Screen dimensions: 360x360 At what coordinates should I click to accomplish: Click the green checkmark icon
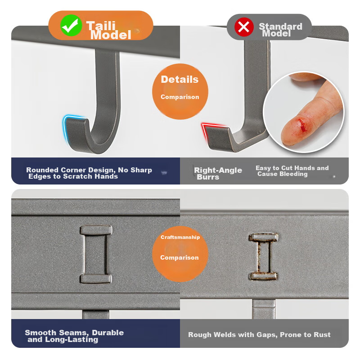(71, 25)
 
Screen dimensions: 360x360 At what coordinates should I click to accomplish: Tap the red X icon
(244, 27)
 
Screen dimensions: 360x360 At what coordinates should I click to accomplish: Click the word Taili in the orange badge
(101, 26)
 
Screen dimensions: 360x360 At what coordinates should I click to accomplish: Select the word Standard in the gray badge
(280, 26)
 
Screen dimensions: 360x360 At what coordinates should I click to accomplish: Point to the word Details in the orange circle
(180, 80)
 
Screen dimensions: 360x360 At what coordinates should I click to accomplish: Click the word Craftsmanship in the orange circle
(180, 237)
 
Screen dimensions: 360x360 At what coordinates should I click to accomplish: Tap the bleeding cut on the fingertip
(302, 125)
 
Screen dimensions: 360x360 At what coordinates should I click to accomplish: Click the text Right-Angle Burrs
(218, 173)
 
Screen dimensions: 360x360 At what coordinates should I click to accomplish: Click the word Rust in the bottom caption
(322, 334)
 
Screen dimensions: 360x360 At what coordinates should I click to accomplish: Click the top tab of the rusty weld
(263, 238)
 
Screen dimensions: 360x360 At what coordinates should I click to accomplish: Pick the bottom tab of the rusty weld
(263, 276)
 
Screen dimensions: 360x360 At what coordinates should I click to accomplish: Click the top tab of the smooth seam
(96, 230)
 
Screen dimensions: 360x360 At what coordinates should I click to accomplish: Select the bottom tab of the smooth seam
(96, 279)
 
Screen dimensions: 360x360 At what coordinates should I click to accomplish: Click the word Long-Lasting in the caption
(72, 339)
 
